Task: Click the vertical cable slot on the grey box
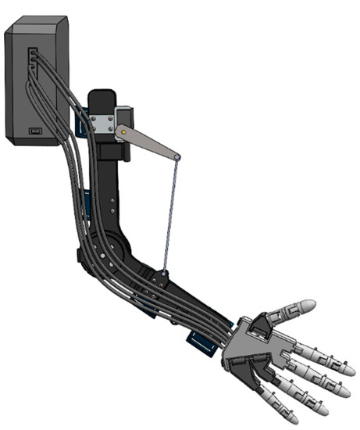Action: (x=32, y=58)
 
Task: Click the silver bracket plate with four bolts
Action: (x=102, y=123)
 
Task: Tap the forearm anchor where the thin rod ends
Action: (x=163, y=274)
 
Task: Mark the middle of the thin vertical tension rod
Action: (x=170, y=215)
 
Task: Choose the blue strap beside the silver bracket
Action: (x=80, y=125)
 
